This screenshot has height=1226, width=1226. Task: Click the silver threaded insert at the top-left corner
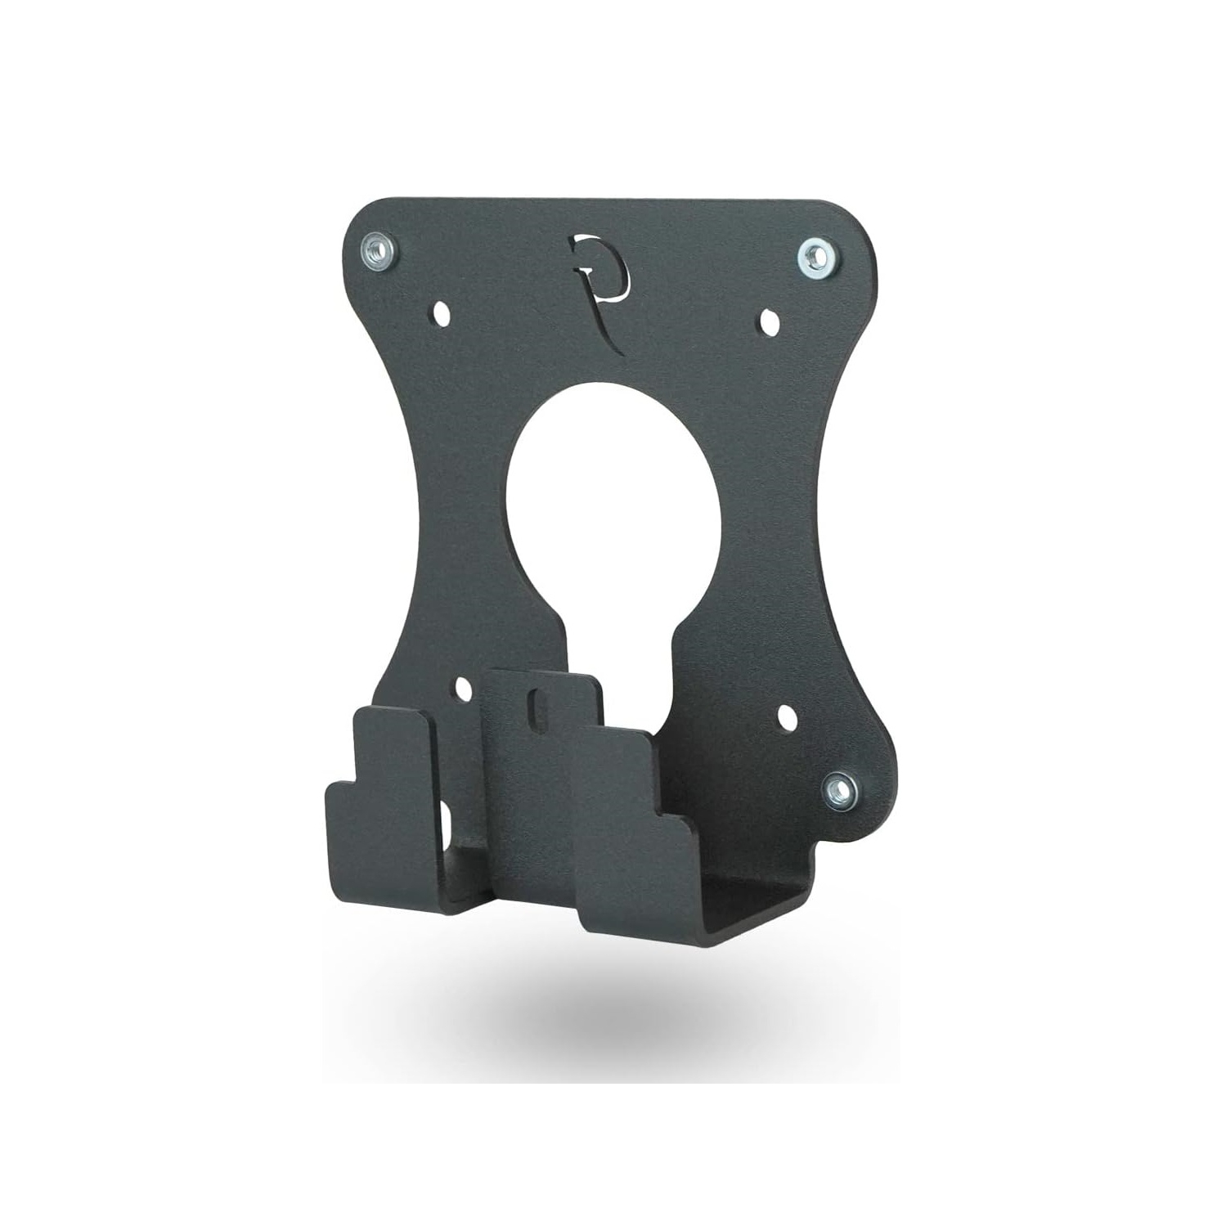pyautogui.click(x=378, y=248)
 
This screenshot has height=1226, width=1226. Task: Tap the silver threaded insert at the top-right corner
pyautogui.click(x=814, y=256)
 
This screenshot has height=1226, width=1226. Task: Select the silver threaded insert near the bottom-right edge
pyautogui.click(x=841, y=790)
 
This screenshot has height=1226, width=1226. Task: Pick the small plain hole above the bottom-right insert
pyautogui.click(x=788, y=718)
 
